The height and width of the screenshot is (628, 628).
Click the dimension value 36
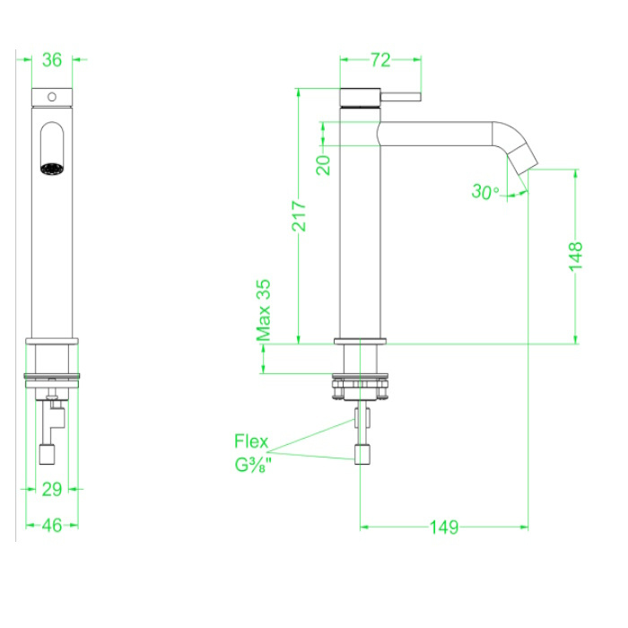pyautogui.click(x=52, y=60)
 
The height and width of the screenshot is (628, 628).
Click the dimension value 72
pyautogui.click(x=380, y=60)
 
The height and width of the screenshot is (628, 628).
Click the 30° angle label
pyautogui.click(x=484, y=191)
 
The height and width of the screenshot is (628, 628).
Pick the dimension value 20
pyautogui.click(x=324, y=162)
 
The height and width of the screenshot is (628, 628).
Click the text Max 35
pyautogui.click(x=264, y=310)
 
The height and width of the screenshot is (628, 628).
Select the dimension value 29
pyautogui.click(x=52, y=489)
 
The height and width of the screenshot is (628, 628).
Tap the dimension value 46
pyautogui.click(x=52, y=526)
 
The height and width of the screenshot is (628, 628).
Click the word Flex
pyautogui.click(x=251, y=441)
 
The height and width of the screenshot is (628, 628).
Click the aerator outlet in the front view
pyautogui.click(x=51, y=167)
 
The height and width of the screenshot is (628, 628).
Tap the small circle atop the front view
pyautogui.click(x=51, y=95)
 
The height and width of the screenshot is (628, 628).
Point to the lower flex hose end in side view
pyautogui.click(x=361, y=455)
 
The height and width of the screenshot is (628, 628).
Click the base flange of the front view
pyautogui.click(x=52, y=342)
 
